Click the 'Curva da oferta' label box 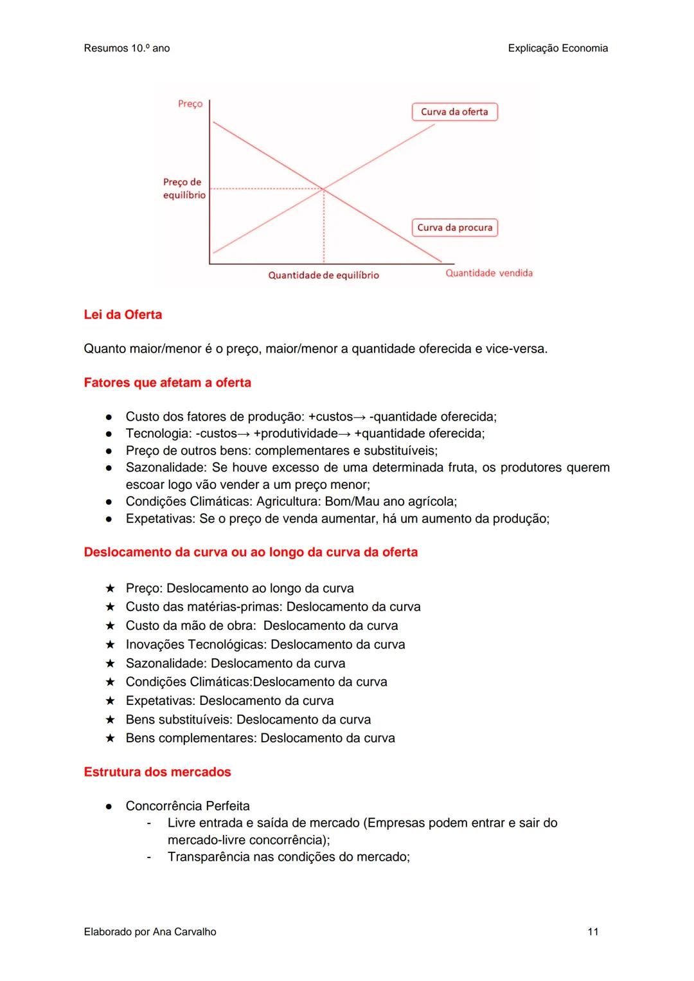454,112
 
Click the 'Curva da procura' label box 454,228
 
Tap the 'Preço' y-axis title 190,104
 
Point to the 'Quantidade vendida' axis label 489,273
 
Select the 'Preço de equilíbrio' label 183,188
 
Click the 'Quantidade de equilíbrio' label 323,275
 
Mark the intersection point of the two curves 323,188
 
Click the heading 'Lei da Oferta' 123,315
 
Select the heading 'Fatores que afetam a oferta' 167,383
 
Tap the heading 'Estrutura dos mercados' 157,772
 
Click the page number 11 592,931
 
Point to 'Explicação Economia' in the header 557,48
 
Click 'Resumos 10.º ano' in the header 127,48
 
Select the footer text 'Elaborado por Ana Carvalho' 150,931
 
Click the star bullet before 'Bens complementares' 110,738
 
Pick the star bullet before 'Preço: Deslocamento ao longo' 110,589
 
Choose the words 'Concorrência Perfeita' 188,806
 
